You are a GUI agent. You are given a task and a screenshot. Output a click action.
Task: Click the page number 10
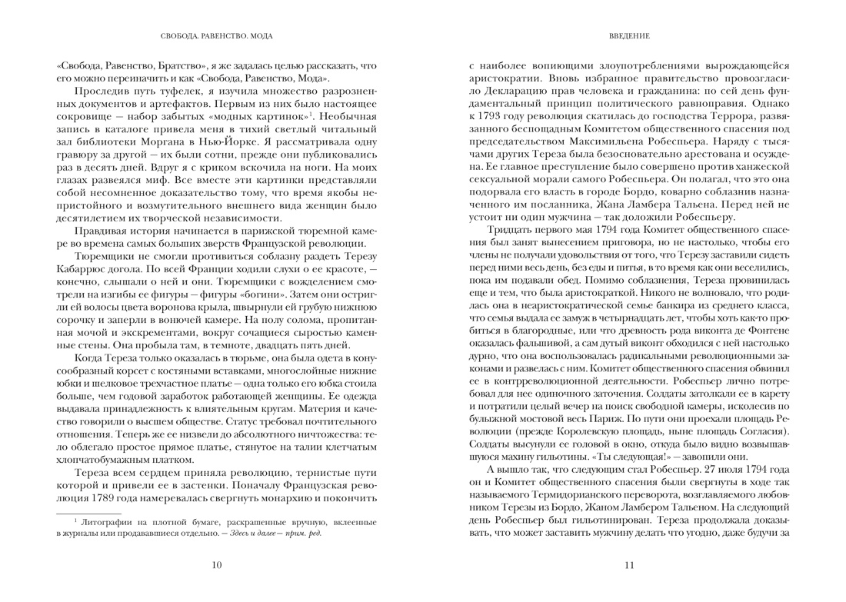(x=216, y=566)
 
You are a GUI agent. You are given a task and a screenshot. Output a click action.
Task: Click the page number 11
(x=629, y=566)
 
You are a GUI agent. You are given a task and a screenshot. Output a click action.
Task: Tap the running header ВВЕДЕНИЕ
(x=629, y=36)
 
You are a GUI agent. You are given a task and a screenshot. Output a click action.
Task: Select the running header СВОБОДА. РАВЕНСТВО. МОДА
(x=216, y=36)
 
